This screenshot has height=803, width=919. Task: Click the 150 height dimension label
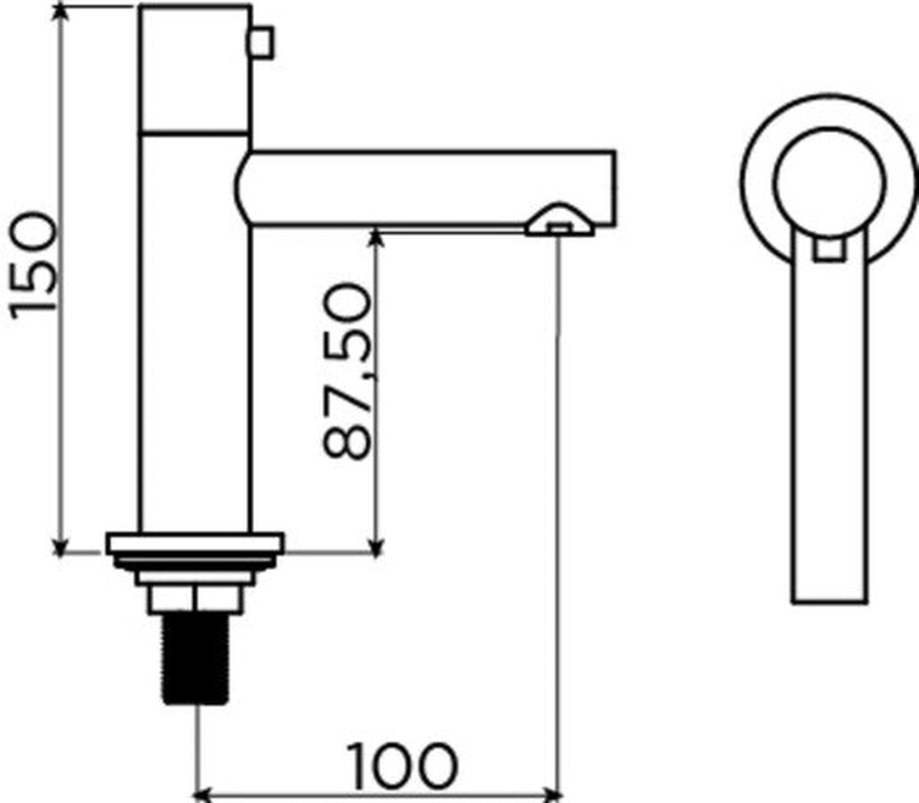click(34, 265)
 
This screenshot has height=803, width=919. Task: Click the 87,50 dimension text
click(347, 371)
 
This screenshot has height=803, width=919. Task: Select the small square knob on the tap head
click(260, 42)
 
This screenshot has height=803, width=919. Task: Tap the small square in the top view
click(829, 249)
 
